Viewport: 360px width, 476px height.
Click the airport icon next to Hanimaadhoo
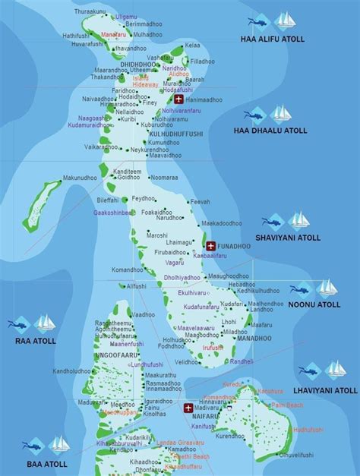178,99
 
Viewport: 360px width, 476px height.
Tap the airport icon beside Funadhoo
210,246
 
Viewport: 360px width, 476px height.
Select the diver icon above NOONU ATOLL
300,288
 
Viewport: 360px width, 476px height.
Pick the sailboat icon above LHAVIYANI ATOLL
335,370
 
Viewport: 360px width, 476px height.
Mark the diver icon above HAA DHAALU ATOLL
255,115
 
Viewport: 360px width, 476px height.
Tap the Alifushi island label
137,286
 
